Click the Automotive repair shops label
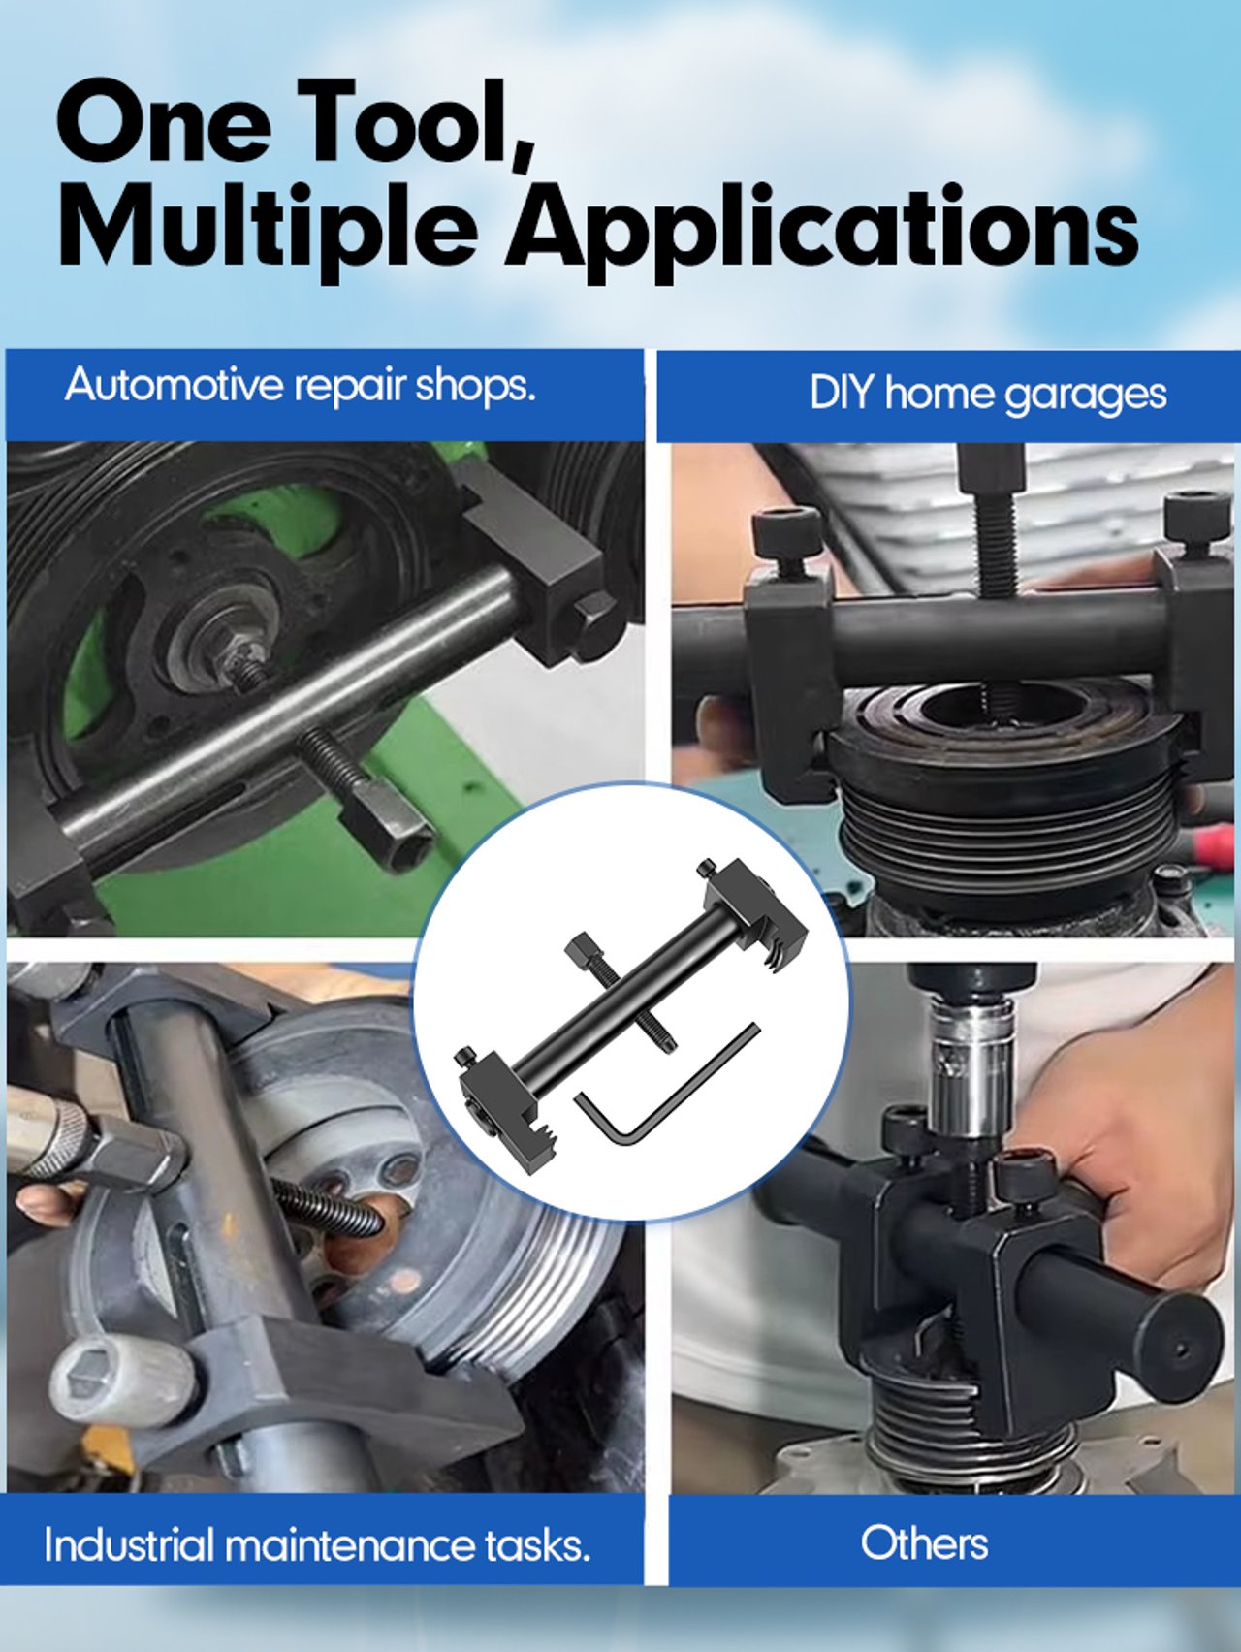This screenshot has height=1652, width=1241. (301, 385)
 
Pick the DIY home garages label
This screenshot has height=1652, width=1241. (988, 395)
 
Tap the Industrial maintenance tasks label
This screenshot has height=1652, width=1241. (317, 1544)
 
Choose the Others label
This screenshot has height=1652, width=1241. (924, 1542)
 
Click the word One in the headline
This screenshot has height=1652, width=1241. (164, 123)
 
